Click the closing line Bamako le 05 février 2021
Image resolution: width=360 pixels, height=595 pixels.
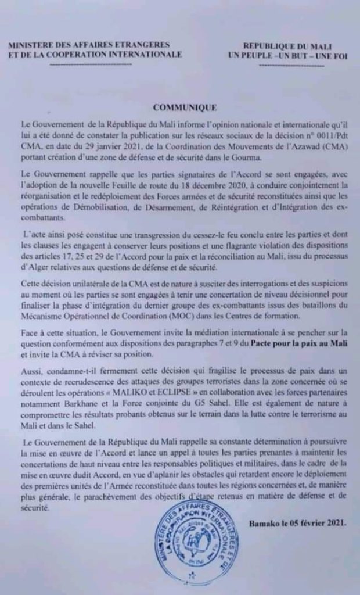click(x=298, y=523)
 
